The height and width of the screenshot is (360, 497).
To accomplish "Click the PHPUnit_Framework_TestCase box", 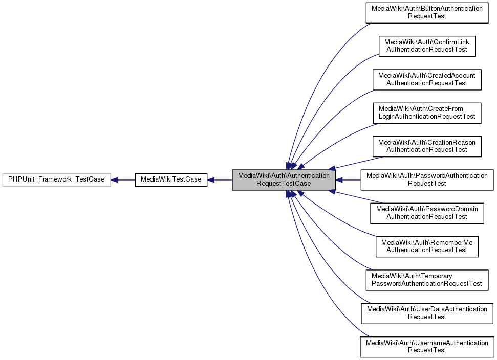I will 56,179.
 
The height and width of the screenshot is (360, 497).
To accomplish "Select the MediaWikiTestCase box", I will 171,179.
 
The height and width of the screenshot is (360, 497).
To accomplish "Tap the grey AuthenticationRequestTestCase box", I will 284,180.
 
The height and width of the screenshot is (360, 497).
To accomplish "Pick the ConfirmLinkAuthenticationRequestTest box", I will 427,46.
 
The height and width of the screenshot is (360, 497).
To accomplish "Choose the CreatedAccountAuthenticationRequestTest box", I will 427,79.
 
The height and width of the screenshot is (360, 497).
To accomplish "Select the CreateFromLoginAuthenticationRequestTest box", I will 427,112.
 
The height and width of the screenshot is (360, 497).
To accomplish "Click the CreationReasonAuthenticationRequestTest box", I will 427,146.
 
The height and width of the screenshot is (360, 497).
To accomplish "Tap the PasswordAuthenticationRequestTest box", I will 427,179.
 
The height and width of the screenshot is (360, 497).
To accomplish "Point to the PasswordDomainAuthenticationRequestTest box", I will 427,213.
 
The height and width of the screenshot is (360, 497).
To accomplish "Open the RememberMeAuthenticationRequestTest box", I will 427,246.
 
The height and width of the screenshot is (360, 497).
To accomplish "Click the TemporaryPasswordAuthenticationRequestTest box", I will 427,280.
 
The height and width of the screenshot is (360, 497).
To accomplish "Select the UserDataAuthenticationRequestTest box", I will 427,313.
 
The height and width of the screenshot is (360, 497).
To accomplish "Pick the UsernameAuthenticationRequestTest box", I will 427,346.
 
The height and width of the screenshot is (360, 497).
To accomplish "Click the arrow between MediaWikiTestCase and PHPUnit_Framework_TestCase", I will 123,180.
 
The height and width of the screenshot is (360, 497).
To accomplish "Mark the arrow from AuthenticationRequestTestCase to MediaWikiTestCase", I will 220,180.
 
